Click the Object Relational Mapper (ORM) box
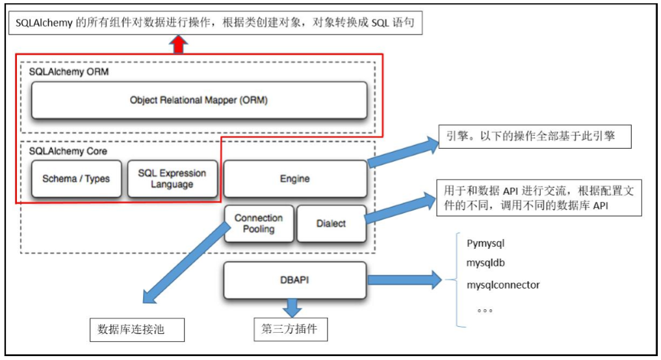click(199, 101)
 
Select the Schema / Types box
click(76, 179)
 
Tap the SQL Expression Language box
click(172, 179)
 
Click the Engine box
click(295, 179)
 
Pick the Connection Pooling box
click(259, 224)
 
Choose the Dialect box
click(331, 224)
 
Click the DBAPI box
click(295, 280)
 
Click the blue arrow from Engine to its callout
click(403, 153)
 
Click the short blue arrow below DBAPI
click(292, 307)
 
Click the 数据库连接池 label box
click(136, 329)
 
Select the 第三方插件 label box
click(291, 329)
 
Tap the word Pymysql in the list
click(486, 244)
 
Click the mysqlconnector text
click(503, 285)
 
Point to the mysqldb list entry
click(486, 264)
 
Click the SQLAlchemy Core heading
click(68, 151)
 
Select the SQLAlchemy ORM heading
click(68, 72)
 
